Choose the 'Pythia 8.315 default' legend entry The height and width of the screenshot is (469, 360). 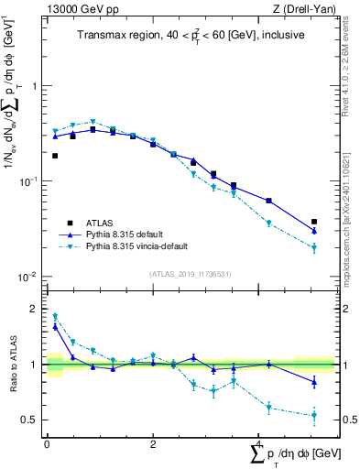click(127, 234)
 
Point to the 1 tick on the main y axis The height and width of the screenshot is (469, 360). click(36, 86)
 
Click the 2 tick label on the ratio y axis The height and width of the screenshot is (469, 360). click(36, 309)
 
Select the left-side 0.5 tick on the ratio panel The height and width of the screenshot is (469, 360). click(32, 420)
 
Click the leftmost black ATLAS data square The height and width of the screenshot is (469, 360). click(55, 156)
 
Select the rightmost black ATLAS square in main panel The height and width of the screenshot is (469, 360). click(314, 222)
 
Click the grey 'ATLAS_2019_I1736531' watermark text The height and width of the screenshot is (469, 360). click(191, 273)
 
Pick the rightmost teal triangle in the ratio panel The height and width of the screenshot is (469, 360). click(314, 415)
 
